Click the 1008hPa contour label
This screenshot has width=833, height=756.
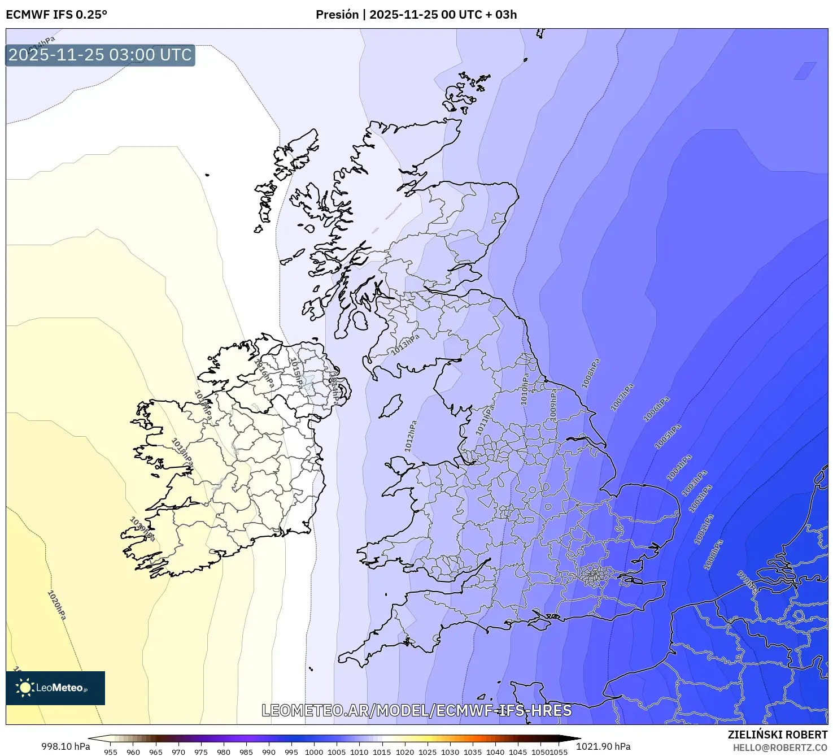tap(590, 373)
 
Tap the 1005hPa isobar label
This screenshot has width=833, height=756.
tap(668, 437)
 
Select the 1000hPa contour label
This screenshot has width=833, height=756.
tap(713, 554)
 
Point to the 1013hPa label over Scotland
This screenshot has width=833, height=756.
tap(405, 344)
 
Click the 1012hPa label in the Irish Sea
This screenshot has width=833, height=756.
tap(411, 436)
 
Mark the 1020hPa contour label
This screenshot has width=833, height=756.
tap(56, 605)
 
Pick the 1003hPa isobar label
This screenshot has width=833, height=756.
tap(694, 483)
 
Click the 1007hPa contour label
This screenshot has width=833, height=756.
tap(622, 397)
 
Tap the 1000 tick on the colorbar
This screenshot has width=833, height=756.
tap(314, 751)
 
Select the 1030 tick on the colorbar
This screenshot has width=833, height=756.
tap(450, 751)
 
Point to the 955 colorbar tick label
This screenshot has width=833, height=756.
tap(111, 751)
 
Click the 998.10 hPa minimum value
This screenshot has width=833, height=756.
tap(66, 746)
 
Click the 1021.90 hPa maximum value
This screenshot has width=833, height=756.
tap(603, 746)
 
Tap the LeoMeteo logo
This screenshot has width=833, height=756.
tap(55, 688)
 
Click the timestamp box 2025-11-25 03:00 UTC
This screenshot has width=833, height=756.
tap(100, 55)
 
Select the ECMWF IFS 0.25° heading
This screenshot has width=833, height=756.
tap(56, 15)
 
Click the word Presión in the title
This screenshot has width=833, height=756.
tap(337, 15)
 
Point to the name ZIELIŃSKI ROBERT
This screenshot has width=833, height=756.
tap(777, 735)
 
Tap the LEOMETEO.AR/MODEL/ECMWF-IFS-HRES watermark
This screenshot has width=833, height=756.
tap(416, 710)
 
